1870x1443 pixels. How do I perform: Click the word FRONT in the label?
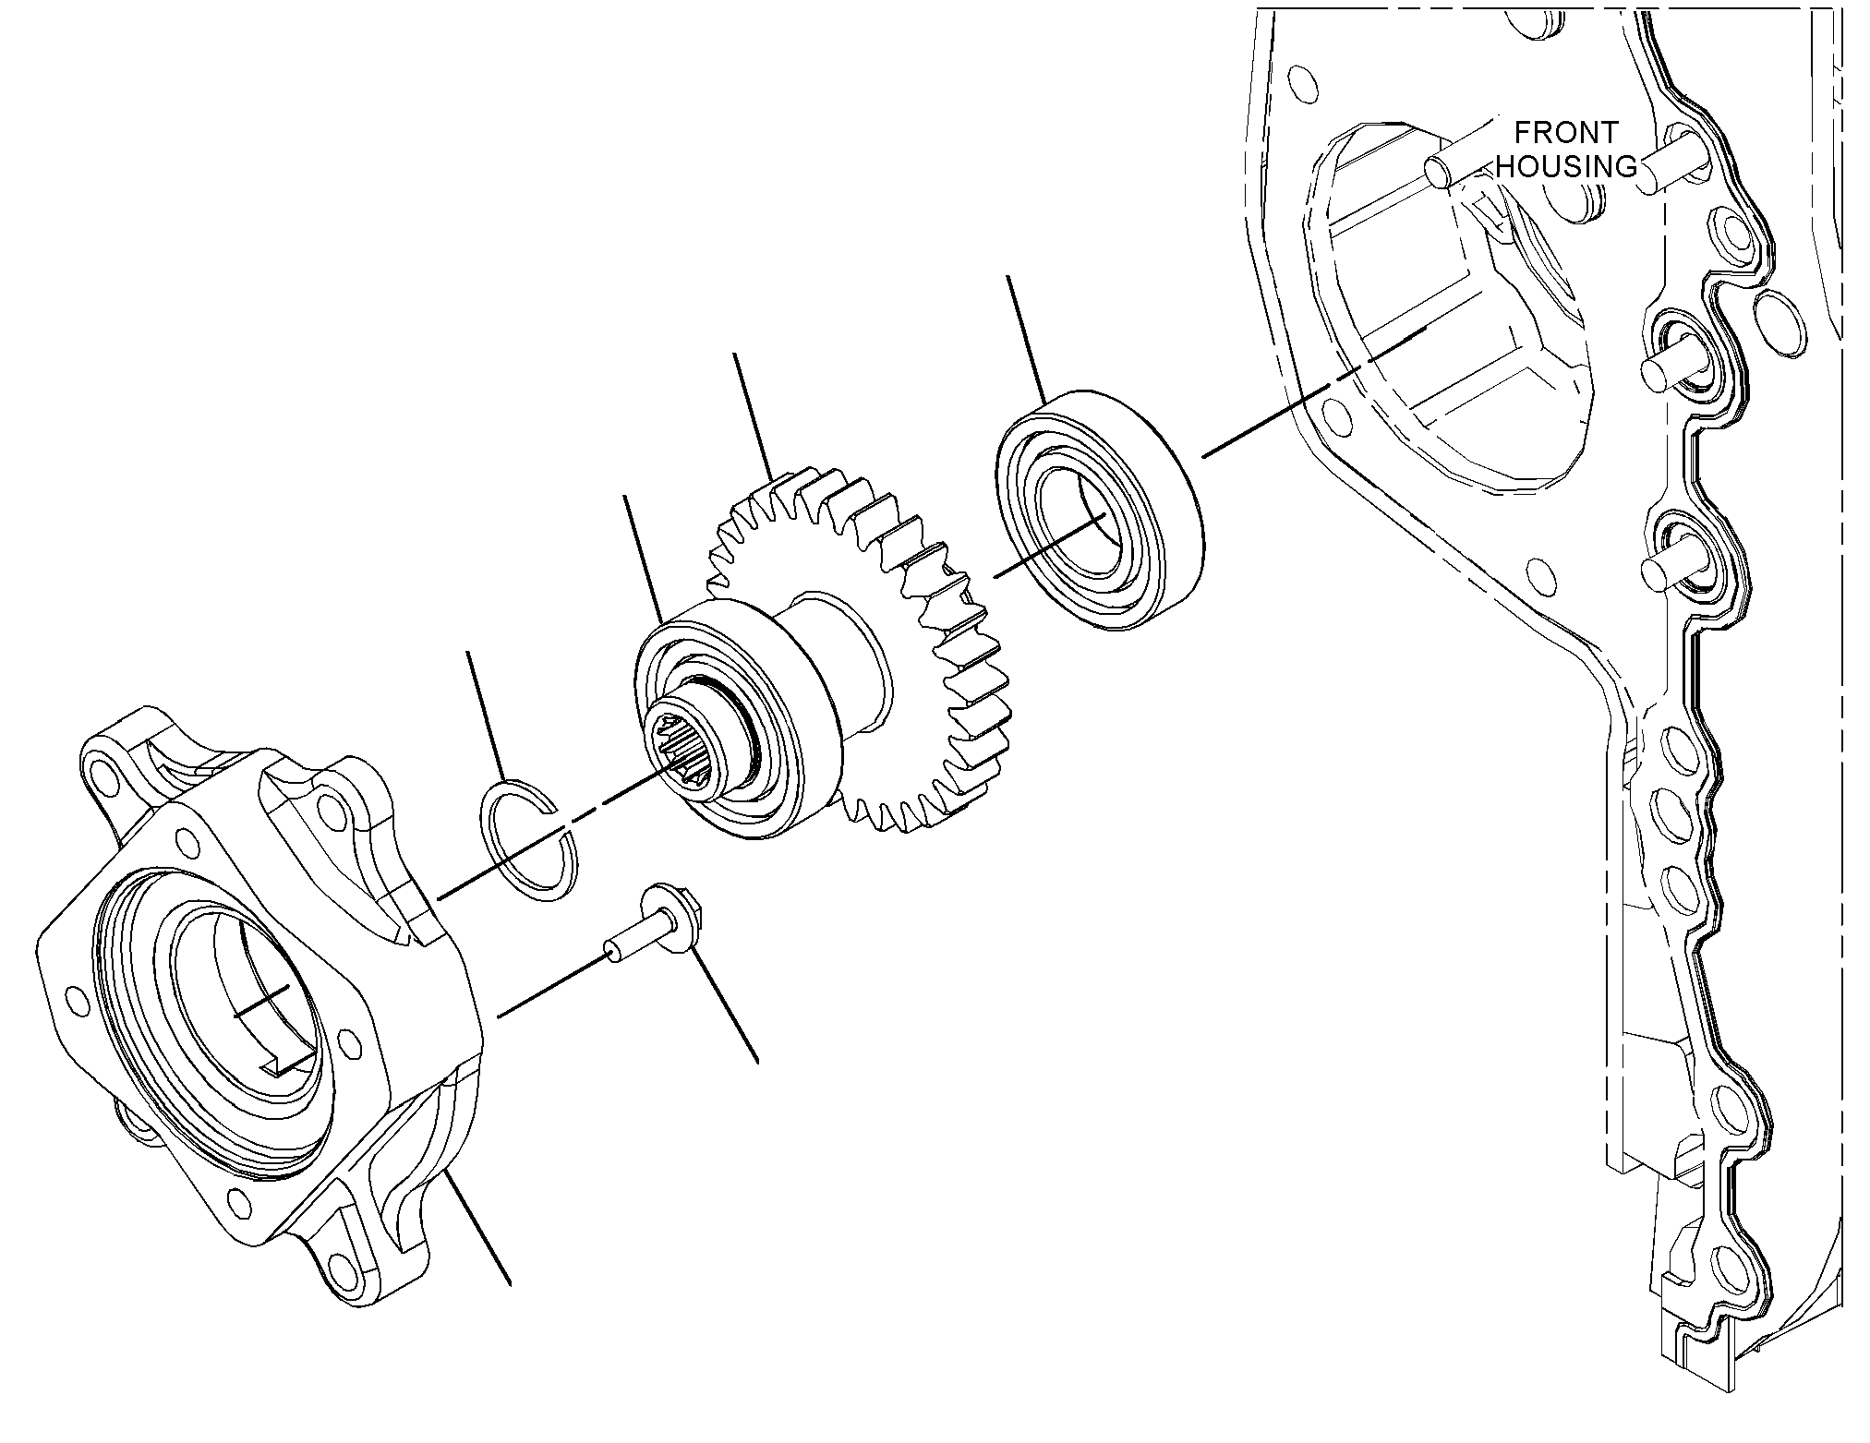[x=1566, y=133]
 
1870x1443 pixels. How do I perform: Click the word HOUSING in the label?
[x=1566, y=166]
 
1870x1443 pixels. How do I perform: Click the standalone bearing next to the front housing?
[x=1098, y=511]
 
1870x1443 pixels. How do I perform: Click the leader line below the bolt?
[x=726, y=1005]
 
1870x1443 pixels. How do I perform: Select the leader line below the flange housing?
[x=477, y=1228]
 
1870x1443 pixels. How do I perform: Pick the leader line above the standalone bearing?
[x=1026, y=338]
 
